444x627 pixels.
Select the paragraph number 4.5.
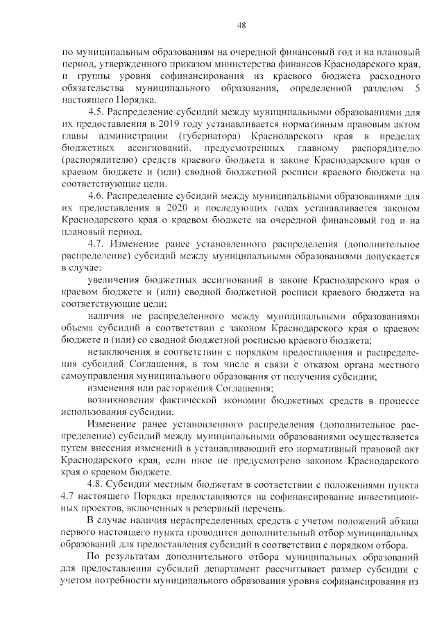point(97,112)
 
